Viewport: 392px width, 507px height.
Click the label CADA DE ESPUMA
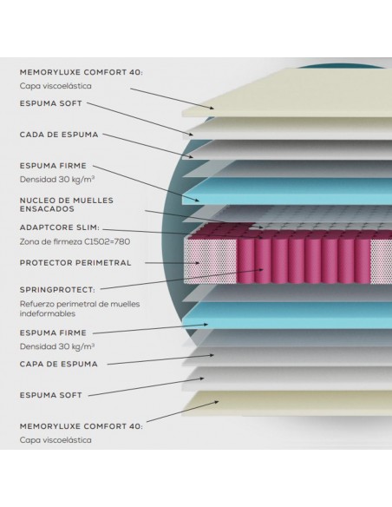(59, 135)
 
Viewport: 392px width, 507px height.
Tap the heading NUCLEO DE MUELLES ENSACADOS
(67, 205)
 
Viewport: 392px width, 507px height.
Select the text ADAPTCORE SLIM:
(60, 227)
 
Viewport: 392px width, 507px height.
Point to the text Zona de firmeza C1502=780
(75, 241)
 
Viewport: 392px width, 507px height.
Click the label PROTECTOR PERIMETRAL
(75, 263)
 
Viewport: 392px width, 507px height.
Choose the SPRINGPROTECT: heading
(57, 290)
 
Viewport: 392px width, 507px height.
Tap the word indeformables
(48, 313)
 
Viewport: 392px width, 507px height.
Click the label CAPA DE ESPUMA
(58, 364)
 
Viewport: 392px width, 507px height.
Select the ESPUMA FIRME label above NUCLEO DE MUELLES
(53, 166)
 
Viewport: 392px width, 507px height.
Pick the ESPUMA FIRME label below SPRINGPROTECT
(53, 333)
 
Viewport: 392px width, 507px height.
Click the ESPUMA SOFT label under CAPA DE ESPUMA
(50, 395)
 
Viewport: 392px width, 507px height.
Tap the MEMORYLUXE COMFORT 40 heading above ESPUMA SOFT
(81, 72)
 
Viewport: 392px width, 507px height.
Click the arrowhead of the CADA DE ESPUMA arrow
(192, 157)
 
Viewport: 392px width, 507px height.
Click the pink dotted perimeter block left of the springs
(211, 260)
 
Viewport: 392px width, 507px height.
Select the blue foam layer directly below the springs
(287, 315)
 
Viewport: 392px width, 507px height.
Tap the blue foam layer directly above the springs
(287, 191)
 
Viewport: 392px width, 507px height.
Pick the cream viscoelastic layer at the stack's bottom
(287, 403)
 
